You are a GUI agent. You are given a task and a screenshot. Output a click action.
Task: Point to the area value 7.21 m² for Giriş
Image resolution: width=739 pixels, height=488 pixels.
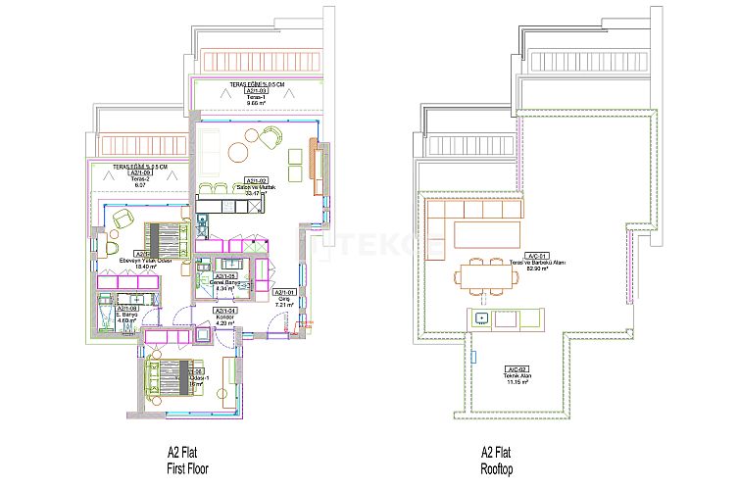point(282,305)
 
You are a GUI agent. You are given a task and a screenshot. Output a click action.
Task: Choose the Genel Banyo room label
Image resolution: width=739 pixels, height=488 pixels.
point(225,282)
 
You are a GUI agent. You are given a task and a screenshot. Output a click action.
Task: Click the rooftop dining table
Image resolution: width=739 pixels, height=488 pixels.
point(485,277)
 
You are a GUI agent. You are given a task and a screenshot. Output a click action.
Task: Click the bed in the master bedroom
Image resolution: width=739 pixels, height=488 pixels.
point(166,238)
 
